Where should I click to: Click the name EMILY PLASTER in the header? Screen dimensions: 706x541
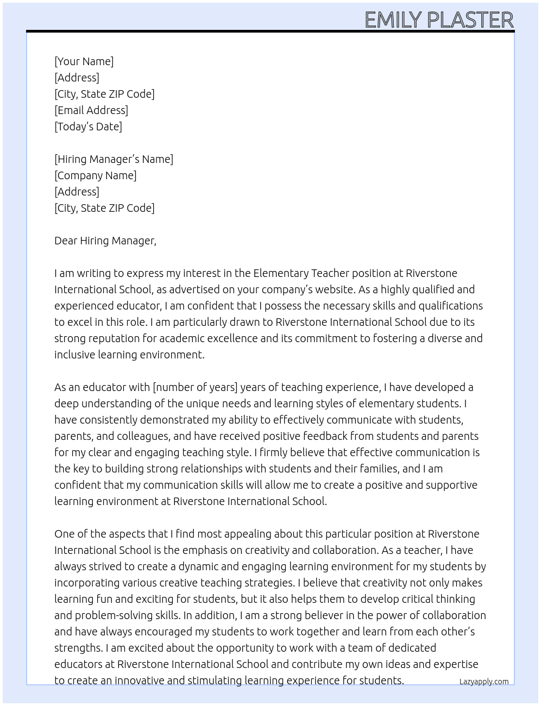pyautogui.click(x=439, y=20)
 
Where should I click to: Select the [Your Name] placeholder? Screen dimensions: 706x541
pyautogui.click(x=84, y=61)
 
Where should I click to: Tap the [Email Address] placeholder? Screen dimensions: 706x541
pyautogui.click(x=91, y=110)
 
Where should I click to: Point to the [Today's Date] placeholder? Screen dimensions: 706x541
pyautogui.click(x=88, y=127)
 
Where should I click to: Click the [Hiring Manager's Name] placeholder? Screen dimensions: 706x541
pyautogui.click(x=114, y=159)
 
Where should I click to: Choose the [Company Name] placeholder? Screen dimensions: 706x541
pyautogui.click(x=96, y=175)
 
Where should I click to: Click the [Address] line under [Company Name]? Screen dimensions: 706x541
pyautogui.click(x=77, y=192)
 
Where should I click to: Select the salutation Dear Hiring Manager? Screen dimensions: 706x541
pyautogui.click(x=105, y=241)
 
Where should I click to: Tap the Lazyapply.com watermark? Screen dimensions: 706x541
pyautogui.click(x=483, y=682)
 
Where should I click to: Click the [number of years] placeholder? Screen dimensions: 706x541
pyautogui.click(x=196, y=387)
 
